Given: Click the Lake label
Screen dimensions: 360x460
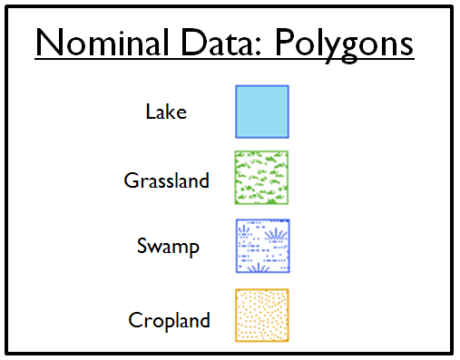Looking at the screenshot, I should pyautogui.click(x=166, y=112).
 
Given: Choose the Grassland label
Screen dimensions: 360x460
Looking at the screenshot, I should pyautogui.click(x=166, y=180).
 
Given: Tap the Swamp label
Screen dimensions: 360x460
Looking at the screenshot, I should pyautogui.click(x=168, y=247).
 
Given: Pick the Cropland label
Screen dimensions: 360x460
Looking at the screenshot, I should pyautogui.click(x=170, y=320).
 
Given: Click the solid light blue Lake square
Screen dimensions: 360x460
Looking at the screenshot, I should pyautogui.click(x=262, y=111).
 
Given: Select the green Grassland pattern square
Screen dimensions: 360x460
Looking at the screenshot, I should pyautogui.click(x=262, y=178).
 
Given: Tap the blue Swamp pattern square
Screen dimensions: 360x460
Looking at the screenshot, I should pyautogui.click(x=262, y=247).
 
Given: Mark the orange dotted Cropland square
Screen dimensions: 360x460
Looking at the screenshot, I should pyautogui.click(x=262, y=316).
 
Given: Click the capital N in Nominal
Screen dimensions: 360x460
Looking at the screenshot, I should pyautogui.click(x=48, y=44).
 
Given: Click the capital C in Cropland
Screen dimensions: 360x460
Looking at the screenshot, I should pyautogui.click(x=135, y=320).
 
